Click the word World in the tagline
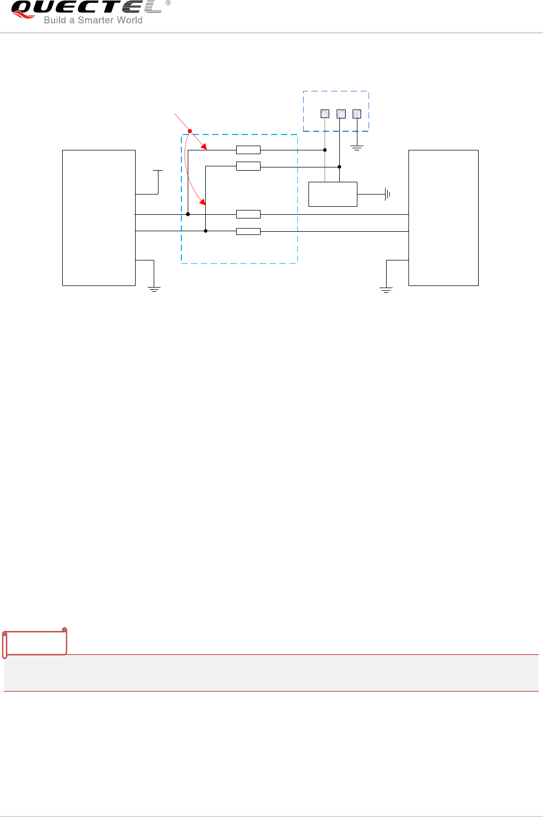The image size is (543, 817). point(129,20)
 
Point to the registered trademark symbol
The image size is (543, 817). point(168,3)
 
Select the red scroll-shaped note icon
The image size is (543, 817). point(35,643)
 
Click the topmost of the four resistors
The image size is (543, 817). point(248,150)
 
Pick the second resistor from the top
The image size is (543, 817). point(248,166)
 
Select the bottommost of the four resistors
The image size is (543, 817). point(248,231)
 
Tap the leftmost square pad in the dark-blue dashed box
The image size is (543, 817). point(325,114)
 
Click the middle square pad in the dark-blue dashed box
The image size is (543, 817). point(341,114)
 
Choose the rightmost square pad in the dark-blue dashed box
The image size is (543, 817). point(357,114)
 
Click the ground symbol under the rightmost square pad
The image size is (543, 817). point(357,148)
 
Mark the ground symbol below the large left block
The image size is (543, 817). point(154,290)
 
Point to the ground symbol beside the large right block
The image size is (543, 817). point(386,290)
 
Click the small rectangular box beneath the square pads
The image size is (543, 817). point(333,194)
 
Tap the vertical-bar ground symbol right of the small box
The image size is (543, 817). point(387,195)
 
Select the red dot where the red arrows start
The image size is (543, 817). point(190,131)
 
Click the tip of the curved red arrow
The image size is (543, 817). point(204,203)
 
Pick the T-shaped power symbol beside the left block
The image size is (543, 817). point(158,172)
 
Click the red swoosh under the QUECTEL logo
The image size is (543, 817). point(24,16)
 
